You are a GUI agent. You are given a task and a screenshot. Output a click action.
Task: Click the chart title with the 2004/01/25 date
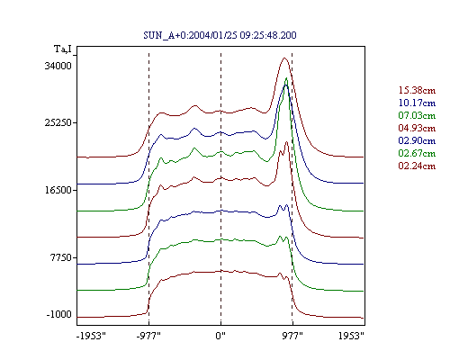[220, 35]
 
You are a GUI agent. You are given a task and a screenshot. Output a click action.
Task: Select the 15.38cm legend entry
[417, 90]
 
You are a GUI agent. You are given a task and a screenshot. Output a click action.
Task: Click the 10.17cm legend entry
[417, 103]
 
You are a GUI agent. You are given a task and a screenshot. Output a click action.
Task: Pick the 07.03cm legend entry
[417, 115]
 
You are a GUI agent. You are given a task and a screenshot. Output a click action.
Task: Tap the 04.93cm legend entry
[417, 128]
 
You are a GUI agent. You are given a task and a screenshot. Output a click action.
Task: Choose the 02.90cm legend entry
[417, 140]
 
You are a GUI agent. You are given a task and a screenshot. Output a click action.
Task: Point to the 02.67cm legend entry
[417, 153]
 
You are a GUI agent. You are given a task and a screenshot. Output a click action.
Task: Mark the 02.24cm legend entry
[417, 166]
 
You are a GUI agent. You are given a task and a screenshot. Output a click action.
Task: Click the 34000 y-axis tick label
[58, 66]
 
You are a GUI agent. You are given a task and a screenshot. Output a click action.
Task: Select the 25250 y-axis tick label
[58, 122]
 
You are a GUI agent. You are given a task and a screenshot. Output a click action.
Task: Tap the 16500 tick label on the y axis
[58, 190]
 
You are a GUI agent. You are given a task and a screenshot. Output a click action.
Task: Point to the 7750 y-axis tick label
[61, 257]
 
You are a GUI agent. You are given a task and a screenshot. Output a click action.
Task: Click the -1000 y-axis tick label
[59, 314]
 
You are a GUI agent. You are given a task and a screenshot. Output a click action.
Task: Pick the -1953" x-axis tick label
[92, 336]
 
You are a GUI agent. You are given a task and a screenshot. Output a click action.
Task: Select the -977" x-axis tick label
[148, 336]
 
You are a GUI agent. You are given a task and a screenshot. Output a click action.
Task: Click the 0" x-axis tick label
[220, 336]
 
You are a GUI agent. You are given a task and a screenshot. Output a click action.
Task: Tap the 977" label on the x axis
[292, 336]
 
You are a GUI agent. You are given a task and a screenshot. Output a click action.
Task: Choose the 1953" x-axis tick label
[351, 336]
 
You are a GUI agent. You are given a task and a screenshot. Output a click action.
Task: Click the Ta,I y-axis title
[63, 49]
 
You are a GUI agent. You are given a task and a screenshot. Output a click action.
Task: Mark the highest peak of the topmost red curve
[284, 58]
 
